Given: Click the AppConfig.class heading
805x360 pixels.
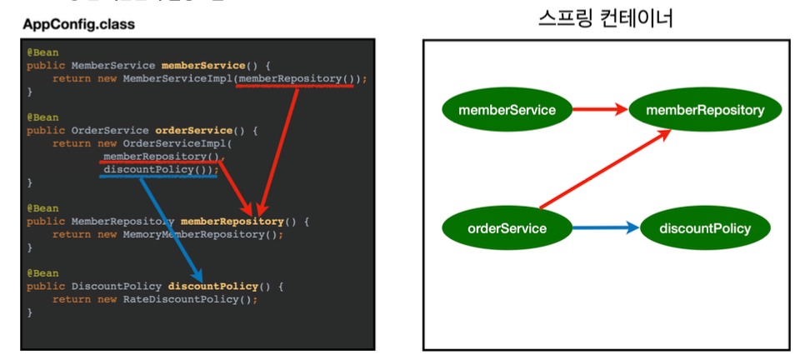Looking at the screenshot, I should pyautogui.click(x=78, y=24).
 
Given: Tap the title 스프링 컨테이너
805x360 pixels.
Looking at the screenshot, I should pyautogui.click(x=606, y=17).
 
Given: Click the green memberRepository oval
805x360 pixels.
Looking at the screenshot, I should pyautogui.click(x=705, y=110).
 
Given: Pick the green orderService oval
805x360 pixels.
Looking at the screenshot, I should pyautogui.click(x=507, y=228).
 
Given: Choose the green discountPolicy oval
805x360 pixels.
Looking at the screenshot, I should pyautogui.click(x=705, y=228).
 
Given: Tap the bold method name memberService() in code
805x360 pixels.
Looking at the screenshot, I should pyautogui.click(x=202, y=65).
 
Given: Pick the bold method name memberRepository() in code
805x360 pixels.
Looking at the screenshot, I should pyautogui.click(x=232, y=222).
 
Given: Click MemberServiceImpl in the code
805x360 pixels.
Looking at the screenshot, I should pyautogui.click(x=177, y=78).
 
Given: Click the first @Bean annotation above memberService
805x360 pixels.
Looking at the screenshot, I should pyautogui.click(x=42, y=52).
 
